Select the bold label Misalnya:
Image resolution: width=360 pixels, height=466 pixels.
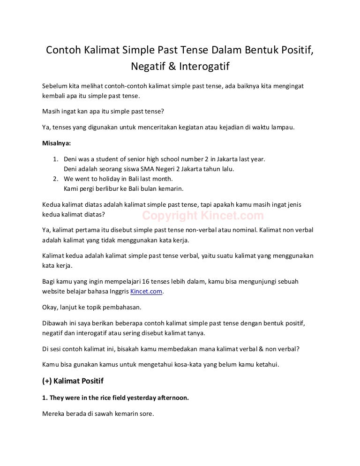point(57,143)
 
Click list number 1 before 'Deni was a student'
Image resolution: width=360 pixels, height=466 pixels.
point(55,159)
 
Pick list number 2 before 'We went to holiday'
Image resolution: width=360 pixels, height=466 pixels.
point(55,179)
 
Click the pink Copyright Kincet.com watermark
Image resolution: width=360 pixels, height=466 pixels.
point(203,216)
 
